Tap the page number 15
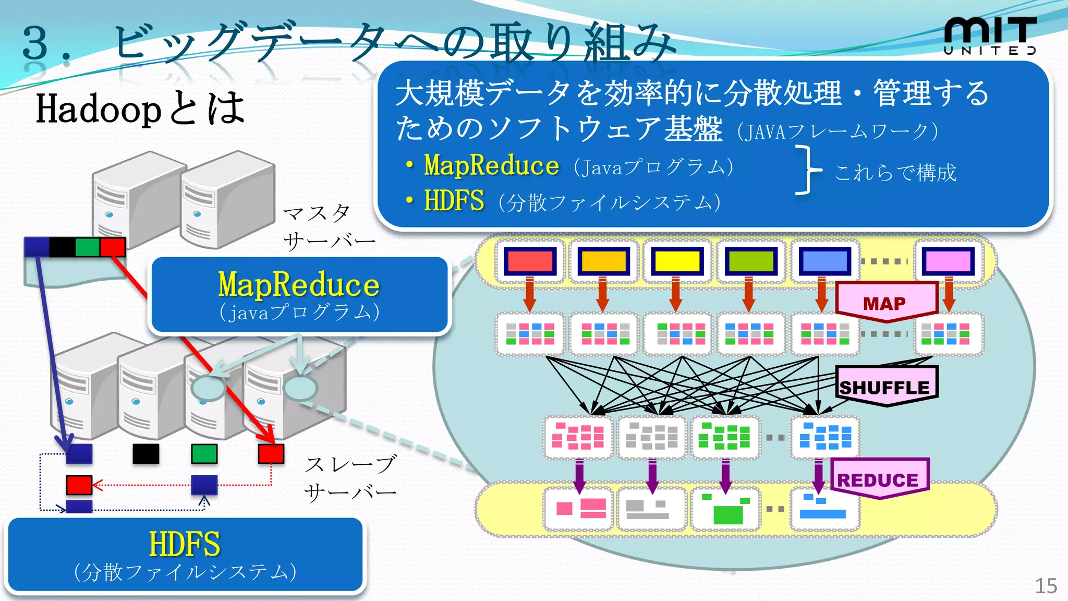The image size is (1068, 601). [1045, 586]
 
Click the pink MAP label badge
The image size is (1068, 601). [885, 302]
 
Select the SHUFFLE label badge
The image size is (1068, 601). [885, 387]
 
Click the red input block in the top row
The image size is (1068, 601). [530, 261]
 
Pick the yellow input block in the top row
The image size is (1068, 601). [677, 261]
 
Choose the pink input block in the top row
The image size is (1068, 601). [948, 261]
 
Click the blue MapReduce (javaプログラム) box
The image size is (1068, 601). [299, 295]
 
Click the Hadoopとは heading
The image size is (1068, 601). [140, 109]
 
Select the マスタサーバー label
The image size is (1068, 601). [327, 227]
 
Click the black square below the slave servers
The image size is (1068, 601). [145, 454]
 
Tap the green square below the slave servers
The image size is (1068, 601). [204, 454]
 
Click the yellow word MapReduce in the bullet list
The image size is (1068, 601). [491, 165]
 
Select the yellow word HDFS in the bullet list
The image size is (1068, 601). [454, 201]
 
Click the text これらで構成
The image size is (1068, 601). [895, 172]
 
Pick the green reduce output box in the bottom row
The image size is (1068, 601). [725, 509]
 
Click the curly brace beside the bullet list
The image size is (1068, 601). [807, 170]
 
